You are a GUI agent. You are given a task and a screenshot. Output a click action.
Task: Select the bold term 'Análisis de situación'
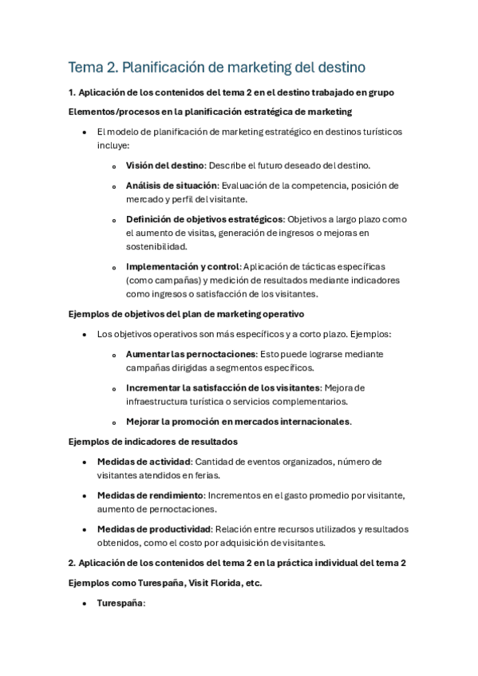point(171,186)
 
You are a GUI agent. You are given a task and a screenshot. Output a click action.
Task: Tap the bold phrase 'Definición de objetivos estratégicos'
point(204,219)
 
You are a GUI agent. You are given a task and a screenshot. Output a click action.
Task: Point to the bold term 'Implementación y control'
point(183,266)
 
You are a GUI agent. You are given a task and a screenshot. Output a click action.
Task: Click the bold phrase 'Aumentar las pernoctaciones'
point(188,354)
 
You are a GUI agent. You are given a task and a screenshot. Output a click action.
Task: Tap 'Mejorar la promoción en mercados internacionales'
point(238,421)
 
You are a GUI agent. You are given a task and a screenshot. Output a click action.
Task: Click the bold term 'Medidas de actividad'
point(144,462)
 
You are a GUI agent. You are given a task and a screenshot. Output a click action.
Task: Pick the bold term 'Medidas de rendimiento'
point(149,495)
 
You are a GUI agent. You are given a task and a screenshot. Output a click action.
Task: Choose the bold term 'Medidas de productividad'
point(153,529)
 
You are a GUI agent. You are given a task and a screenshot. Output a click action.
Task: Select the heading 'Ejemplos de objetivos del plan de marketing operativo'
point(187,314)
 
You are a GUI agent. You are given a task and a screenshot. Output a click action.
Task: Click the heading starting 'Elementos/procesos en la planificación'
point(211,112)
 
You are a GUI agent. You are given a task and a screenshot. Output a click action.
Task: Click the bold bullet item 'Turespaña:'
point(121,603)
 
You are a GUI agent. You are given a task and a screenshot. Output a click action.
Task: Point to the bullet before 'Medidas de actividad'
point(85,462)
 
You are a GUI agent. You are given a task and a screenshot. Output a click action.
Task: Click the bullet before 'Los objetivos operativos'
point(85,335)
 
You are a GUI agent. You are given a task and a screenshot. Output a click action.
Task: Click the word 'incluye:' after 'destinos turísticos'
point(113,147)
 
